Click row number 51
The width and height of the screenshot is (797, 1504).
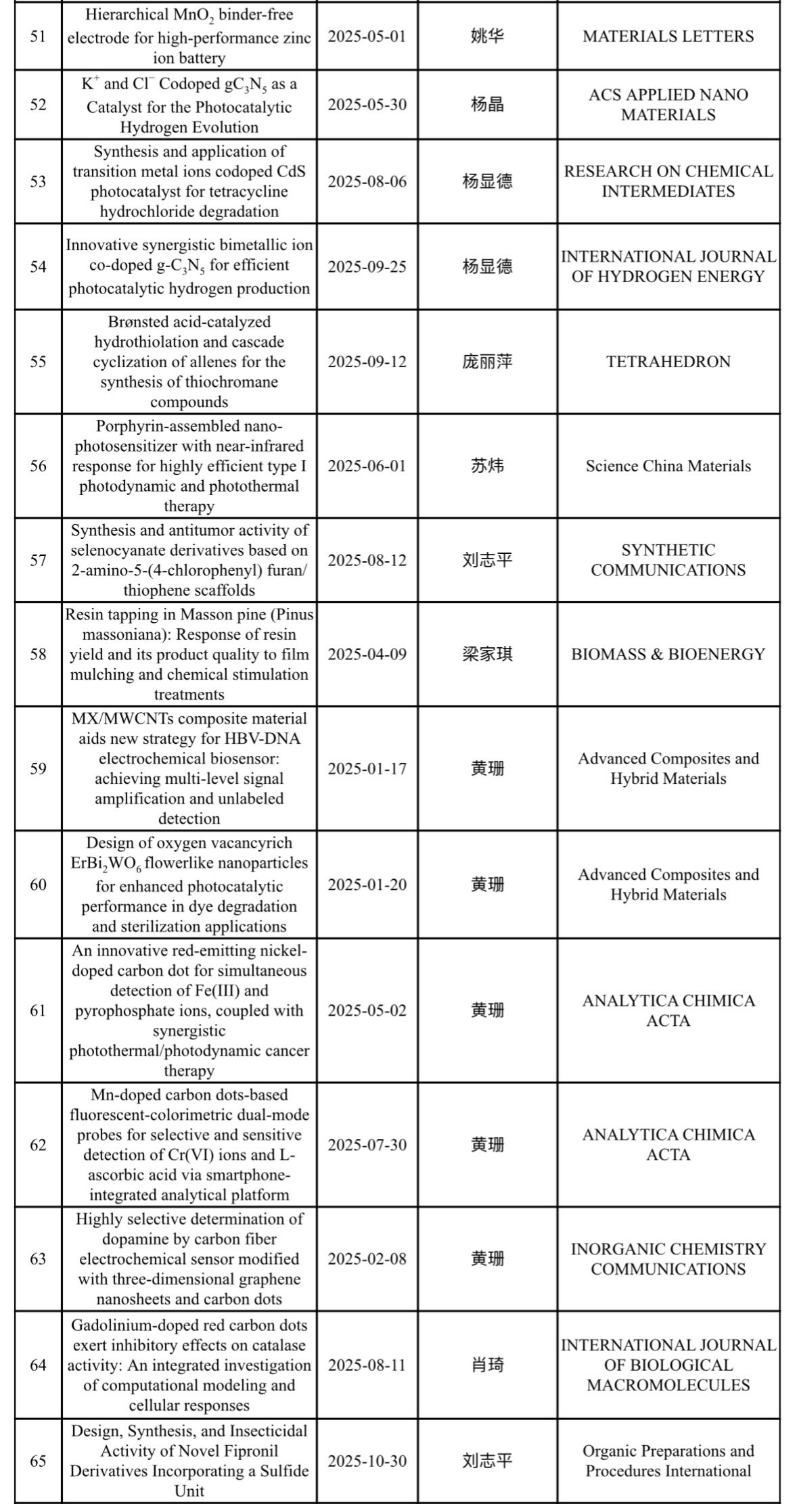click(x=38, y=37)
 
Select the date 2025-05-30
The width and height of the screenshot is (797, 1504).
click(x=367, y=105)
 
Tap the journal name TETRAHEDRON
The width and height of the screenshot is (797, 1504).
click(x=668, y=362)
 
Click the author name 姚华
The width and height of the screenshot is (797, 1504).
click(x=487, y=37)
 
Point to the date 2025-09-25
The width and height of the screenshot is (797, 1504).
click(x=367, y=266)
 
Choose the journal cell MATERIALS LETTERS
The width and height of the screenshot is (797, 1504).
click(x=668, y=37)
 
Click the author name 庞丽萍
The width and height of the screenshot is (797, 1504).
click(x=487, y=362)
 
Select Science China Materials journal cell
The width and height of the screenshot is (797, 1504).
click(x=668, y=466)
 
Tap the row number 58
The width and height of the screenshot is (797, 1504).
click(x=38, y=654)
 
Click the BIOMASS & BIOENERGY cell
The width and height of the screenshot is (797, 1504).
click(x=668, y=654)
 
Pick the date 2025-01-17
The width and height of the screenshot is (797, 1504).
click(x=367, y=769)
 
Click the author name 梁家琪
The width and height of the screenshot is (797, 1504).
click(x=487, y=654)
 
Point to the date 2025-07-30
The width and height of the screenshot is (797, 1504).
click(x=367, y=1145)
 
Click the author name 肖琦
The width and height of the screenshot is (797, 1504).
click(x=487, y=1365)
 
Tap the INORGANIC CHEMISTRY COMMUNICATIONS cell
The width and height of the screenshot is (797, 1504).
click(x=668, y=1259)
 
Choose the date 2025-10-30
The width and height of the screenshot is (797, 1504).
click(x=367, y=1461)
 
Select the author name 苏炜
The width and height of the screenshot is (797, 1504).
click(x=487, y=466)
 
